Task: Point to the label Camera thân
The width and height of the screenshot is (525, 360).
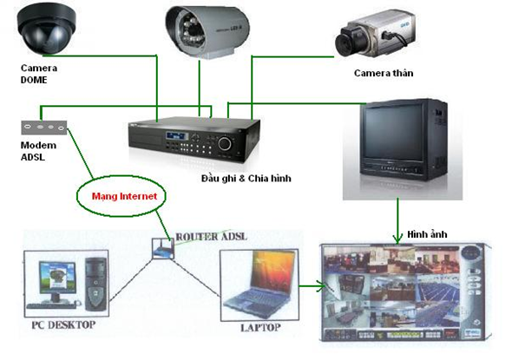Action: pos(384,73)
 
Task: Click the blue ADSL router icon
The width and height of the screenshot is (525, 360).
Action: pos(161,250)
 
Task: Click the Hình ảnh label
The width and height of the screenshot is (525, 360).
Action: pos(427,235)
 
